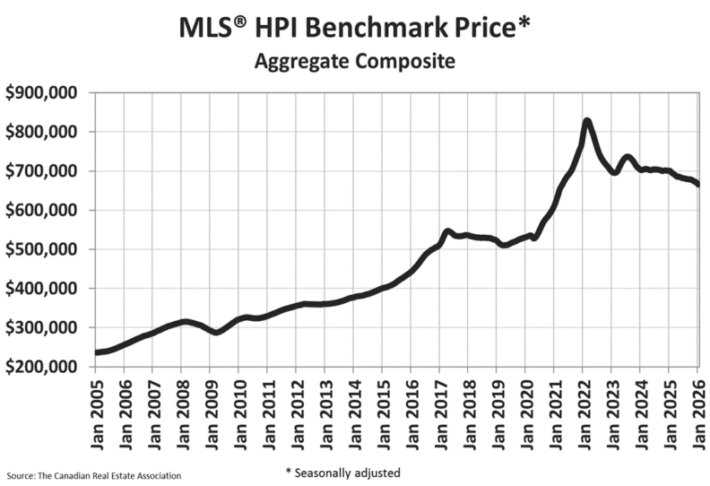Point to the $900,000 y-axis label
[x=42, y=92]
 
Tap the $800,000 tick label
[x=42, y=132]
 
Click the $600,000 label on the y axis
[x=42, y=210]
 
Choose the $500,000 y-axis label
[x=42, y=249]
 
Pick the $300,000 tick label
[x=42, y=328]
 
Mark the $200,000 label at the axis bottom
[x=42, y=367]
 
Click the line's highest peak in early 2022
[x=586, y=121]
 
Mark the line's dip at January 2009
[x=214, y=332]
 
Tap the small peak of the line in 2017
[x=447, y=231]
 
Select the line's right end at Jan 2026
[x=697, y=185]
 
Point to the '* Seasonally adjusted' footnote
[x=342, y=472]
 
